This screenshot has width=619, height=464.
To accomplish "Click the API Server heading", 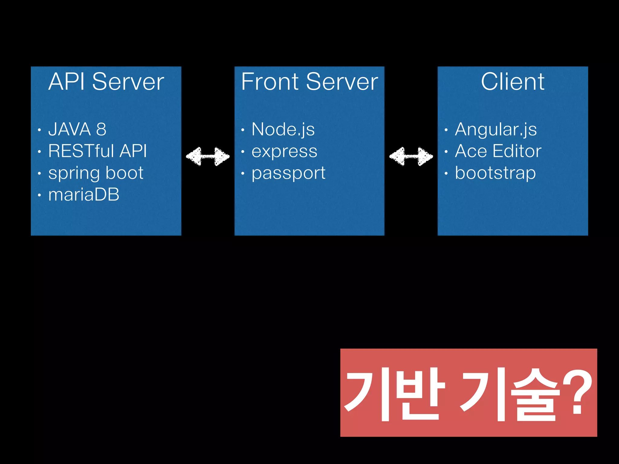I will pos(106,82).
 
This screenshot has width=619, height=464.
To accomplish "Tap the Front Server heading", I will pos(309,82).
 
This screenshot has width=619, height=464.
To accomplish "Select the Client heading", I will pos(513,82).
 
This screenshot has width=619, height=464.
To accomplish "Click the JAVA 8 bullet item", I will pos(77,129).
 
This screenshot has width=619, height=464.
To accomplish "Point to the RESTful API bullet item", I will pos(97,151).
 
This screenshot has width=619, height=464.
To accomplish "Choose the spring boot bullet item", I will pos(96,173).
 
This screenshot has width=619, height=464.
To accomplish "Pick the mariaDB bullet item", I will pos(84,195).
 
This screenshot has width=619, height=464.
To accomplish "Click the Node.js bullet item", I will pos(283,129).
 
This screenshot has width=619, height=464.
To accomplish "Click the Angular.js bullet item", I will pos(496,129).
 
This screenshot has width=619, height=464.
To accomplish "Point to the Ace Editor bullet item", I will pos(498,151).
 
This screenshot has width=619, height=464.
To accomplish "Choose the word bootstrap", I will pos(495,173).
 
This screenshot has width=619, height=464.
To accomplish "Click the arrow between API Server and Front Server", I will pos(208,156).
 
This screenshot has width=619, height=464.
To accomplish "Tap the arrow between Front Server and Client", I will pos(411,156).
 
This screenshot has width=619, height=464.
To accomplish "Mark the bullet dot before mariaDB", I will pos(39,195).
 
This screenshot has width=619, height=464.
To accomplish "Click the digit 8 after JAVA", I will pos(101,129).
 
